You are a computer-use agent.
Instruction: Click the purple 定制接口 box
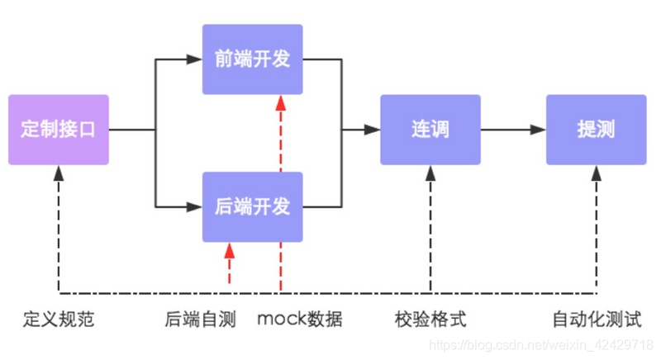point(58,130)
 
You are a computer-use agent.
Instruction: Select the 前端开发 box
point(252,59)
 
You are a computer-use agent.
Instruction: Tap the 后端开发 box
point(252,206)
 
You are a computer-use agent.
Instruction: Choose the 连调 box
point(430,130)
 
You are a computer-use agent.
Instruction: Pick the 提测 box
point(596,130)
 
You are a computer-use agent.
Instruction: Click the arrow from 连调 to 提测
point(512,130)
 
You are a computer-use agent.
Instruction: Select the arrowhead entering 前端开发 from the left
point(195,59)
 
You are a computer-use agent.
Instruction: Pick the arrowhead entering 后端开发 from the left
point(195,206)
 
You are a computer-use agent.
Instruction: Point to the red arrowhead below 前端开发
point(281,102)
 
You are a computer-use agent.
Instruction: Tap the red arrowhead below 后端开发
point(230,250)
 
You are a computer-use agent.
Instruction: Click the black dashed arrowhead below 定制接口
point(58,173)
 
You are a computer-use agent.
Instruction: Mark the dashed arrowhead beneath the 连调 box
point(430,173)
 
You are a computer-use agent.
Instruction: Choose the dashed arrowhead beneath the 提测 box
point(596,173)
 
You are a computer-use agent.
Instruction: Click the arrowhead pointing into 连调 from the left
point(372,130)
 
